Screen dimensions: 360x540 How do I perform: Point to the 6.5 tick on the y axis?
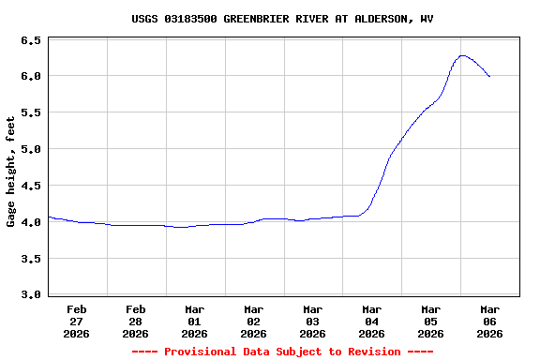[x=31, y=41]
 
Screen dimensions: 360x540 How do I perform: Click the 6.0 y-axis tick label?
[x=31, y=76]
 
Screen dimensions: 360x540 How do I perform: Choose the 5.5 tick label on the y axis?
[x=31, y=112]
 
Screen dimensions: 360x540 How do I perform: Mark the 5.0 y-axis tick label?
[x=31, y=149]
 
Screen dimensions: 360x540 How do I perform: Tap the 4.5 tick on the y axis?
[x=31, y=186]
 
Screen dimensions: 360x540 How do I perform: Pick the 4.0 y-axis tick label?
[x=31, y=222]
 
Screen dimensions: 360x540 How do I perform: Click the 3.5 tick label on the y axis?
[x=31, y=259]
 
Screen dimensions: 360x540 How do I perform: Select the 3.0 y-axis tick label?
[x=31, y=295]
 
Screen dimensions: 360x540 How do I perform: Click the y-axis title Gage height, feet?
[x=11, y=172]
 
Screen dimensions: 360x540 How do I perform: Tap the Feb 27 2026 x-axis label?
[x=77, y=321]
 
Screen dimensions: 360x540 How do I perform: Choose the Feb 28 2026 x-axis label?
[x=136, y=321]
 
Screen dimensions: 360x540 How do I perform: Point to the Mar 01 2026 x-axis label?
[x=195, y=321]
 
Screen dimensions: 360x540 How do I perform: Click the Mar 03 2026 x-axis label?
[x=313, y=321]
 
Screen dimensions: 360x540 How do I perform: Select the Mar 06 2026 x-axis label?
[x=489, y=321]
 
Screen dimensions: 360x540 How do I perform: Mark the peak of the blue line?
[x=462, y=55]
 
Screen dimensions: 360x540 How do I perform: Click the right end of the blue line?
[x=489, y=76]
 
